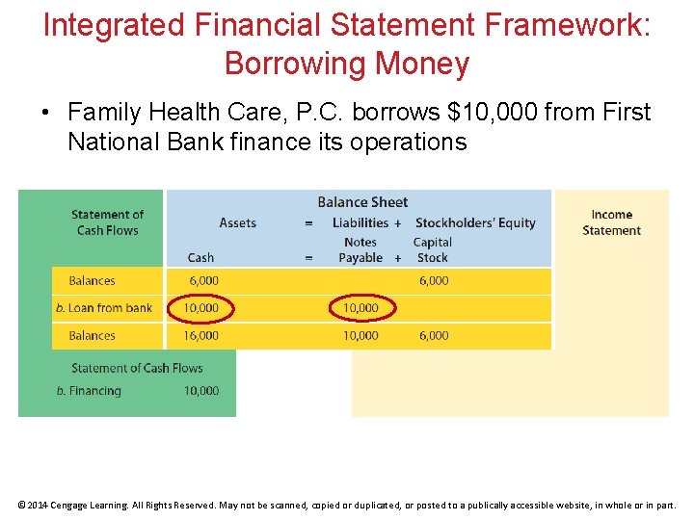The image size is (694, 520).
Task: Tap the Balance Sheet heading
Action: pyautogui.click(x=362, y=202)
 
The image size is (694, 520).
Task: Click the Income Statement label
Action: pyautogui.click(x=611, y=222)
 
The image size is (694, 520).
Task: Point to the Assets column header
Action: pyautogui.click(x=237, y=222)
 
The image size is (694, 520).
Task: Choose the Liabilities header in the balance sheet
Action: pyautogui.click(x=360, y=222)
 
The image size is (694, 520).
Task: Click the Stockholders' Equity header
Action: pyautogui.click(x=474, y=222)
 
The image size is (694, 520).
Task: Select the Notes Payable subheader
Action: pyautogui.click(x=360, y=249)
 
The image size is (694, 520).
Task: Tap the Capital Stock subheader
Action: pyautogui.click(x=432, y=249)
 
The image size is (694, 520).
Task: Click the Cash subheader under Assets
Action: pyautogui.click(x=200, y=257)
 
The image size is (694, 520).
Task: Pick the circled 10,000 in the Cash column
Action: pyautogui.click(x=200, y=308)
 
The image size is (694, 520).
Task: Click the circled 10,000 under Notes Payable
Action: pyautogui.click(x=360, y=308)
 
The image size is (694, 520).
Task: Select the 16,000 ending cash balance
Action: pyautogui.click(x=200, y=336)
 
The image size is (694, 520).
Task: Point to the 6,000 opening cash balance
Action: pyautogui.click(x=203, y=281)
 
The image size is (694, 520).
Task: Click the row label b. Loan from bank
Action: pyautogui.click(x=104, y=308)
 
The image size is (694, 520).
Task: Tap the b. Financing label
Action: pyautogui.click(x=89, y=391)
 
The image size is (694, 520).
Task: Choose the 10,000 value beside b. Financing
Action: pyautogui.click(x=200, y=391)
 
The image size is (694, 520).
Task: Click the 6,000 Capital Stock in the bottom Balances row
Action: pyautogui.click(x=433, y=336)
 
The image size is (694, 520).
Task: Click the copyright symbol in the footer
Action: pyautogui.click(x=22, y=505)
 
